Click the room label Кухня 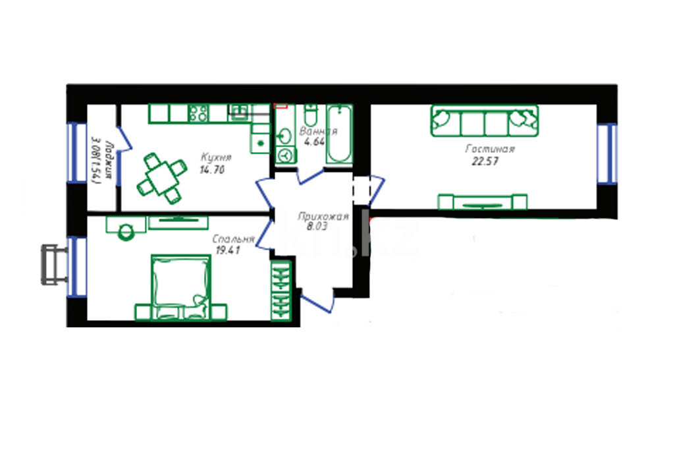coord(216,157)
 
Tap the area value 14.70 coord(212,170)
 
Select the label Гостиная coord(490,149)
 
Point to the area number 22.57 coord(485,161)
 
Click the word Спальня coord(233,239)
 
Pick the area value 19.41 coord(228,250)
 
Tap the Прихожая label coord(323,217)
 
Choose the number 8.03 coord(317,227)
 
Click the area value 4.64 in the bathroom coord(314,142)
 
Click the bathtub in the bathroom coord(339,134)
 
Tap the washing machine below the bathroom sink coord(285,155)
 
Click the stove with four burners coord(199,113)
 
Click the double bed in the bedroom coord(181,287)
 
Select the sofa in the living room coord(485,121)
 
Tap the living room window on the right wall coord(607,153)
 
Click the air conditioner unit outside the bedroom coord(54,264)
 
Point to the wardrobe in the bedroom coord(281,290)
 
